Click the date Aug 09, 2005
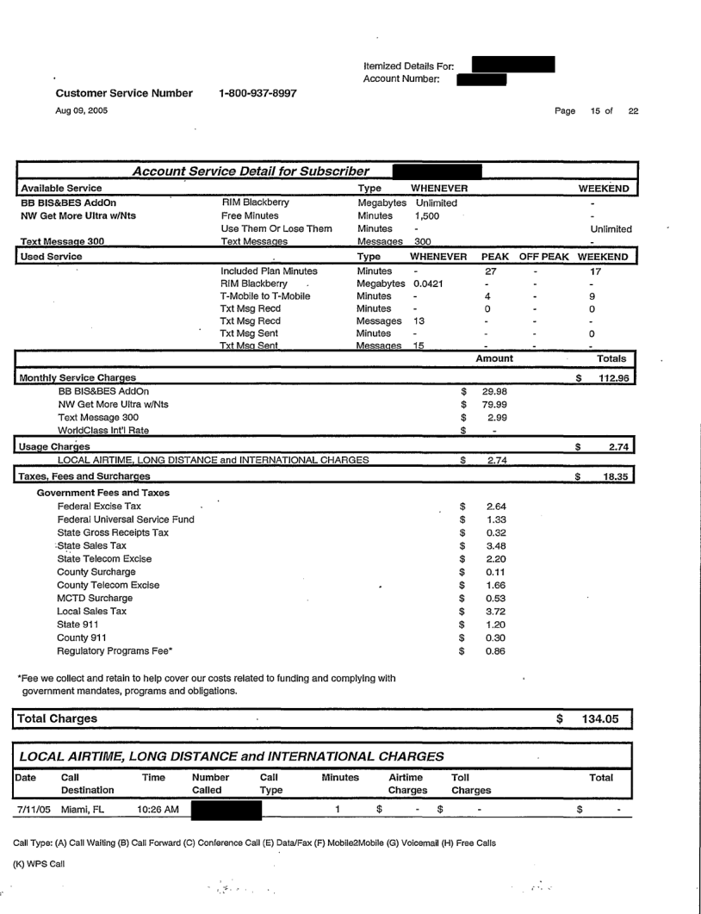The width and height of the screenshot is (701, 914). click(82, 110)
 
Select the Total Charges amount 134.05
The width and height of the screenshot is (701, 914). click(601, 718)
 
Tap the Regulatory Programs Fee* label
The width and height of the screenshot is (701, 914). click(115, 651)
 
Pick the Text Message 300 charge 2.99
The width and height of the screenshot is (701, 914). click(493, 419)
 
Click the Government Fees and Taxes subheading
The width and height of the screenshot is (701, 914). click(102, 492)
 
